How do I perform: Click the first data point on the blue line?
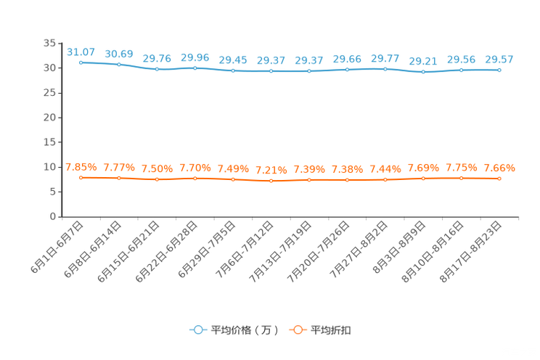tap(81, 62)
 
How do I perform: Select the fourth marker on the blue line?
tap(195, 68)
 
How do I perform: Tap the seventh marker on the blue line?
tap(309, 71)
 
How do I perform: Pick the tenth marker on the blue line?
tap(423, 72)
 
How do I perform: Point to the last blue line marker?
tap(499, 70)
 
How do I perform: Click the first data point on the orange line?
tap(81, 177)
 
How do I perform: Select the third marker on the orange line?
tap(157, 179)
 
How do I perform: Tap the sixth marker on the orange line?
tap(271, 181)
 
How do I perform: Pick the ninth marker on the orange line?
tap(385, 179)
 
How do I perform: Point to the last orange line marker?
tap(499, 178)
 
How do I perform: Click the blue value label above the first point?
tap(81, 52)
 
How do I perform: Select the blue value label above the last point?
tap(499, 59)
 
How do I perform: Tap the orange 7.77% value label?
tap(119, 168)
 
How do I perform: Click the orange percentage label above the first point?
tap(81, 166)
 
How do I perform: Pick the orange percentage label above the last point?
tap(499, 168)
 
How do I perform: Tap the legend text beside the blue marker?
tap(244, 330)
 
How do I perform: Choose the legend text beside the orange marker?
tap(332, 330)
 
